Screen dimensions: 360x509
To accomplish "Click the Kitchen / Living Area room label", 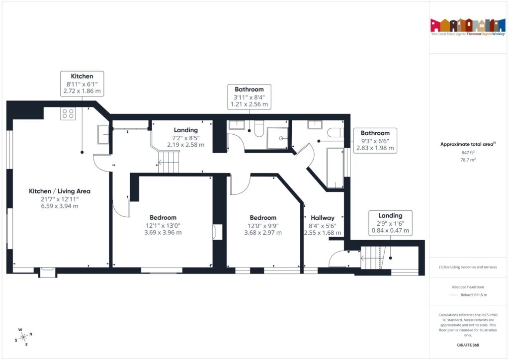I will [60, 191].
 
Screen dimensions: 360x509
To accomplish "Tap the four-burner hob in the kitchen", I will [68, 114].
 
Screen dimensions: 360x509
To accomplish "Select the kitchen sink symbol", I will [103, 135].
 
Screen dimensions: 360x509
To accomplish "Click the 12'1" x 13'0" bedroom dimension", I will [163, 225].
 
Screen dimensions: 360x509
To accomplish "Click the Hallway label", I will [323, 218].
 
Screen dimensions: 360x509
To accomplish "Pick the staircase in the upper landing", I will [168, 162].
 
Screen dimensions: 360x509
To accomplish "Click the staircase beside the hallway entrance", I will [372, 258].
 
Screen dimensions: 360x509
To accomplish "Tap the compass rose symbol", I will [23, 337].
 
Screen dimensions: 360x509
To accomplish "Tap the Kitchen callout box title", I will [82, 76].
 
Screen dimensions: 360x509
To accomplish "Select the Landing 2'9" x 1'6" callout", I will [390, 223].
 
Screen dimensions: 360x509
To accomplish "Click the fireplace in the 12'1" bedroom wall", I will [217, 232].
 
